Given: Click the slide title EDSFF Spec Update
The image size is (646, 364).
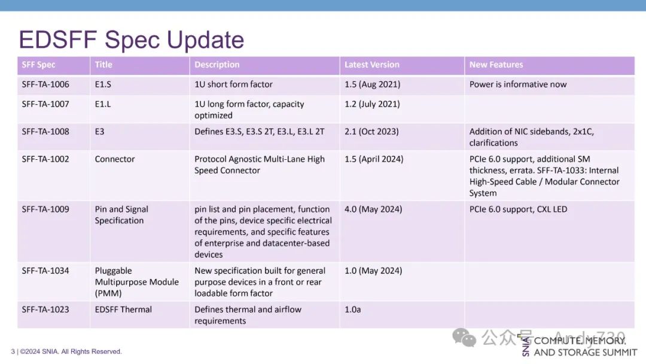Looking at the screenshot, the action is pyautogui.click(x=132, y=40).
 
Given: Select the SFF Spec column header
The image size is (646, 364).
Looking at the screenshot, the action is pyautogui.click(x=38, y=65).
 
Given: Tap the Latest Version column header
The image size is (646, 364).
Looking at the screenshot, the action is pyautogui.click(x=372, y=65).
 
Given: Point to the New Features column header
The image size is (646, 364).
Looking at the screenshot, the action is pyautogui.click(x=496, y=65).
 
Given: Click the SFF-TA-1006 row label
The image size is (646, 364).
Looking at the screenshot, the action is pyautogui.click(x=45, y=84).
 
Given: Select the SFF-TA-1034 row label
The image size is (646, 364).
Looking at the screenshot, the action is pyautogui.click(x=45, y=271).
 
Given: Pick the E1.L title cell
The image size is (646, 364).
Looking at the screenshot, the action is pyautogui.click(x=103, y=104).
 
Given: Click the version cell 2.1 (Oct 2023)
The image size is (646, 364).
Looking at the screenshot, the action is pyautogui.click(x=371, y=132).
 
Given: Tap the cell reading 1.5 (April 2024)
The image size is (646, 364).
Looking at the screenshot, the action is pyautogui.click(x=374, y=159).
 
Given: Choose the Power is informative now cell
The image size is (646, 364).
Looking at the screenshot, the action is pyautogui.click(x=518, y=84).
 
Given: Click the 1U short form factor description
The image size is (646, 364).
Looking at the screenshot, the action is pyautogui.click(x=234, y=84).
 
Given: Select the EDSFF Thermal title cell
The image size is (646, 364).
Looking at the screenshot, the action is pyautogui.click(x=123, y=310).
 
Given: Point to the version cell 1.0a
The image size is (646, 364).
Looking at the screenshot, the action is pyautogui.click(x=353, y=310).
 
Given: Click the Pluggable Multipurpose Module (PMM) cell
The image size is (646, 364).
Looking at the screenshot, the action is pyautogui.click(x=137, y=282).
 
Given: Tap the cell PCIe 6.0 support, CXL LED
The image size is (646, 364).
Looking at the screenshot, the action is pyautogui.click(x=518, y=210).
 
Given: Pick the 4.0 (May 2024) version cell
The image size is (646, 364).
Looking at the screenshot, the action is pyautogui.click(x=373, y=210).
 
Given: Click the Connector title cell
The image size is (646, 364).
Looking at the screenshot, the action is pyautogui.click(x=114, y=159).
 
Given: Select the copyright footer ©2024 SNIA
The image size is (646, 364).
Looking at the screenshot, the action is pyautogui.click(x=71, y=351).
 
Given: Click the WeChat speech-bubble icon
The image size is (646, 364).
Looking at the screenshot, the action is pyautogui.click(x=464, y=338).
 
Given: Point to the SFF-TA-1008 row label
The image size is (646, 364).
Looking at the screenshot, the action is pyautogui.click(x=45, y=132).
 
